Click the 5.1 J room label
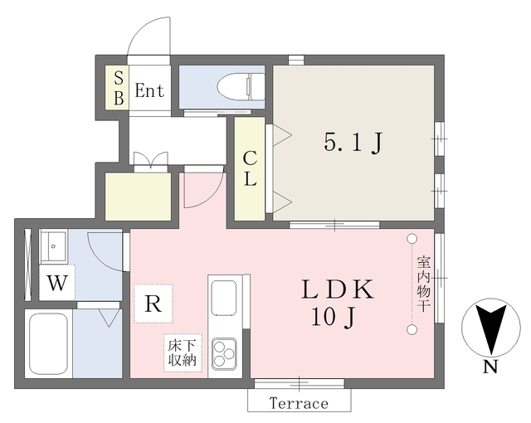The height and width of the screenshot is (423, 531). (353, 144)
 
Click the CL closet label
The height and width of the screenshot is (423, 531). (250, 168)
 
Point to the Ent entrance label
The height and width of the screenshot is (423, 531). (150, 90)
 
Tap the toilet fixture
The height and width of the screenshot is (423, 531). (239, 85)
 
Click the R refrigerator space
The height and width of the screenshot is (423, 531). (153, 303)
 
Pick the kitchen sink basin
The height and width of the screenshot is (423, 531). (224, 298)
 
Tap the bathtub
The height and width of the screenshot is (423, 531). (49, 343)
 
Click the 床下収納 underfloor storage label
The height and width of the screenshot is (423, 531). (182, 352)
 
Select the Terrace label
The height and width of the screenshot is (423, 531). (299, 404)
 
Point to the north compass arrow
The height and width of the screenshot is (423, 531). (490, 328)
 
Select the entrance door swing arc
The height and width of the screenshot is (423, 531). (149, 37)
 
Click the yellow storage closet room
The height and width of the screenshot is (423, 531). (138, 197)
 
